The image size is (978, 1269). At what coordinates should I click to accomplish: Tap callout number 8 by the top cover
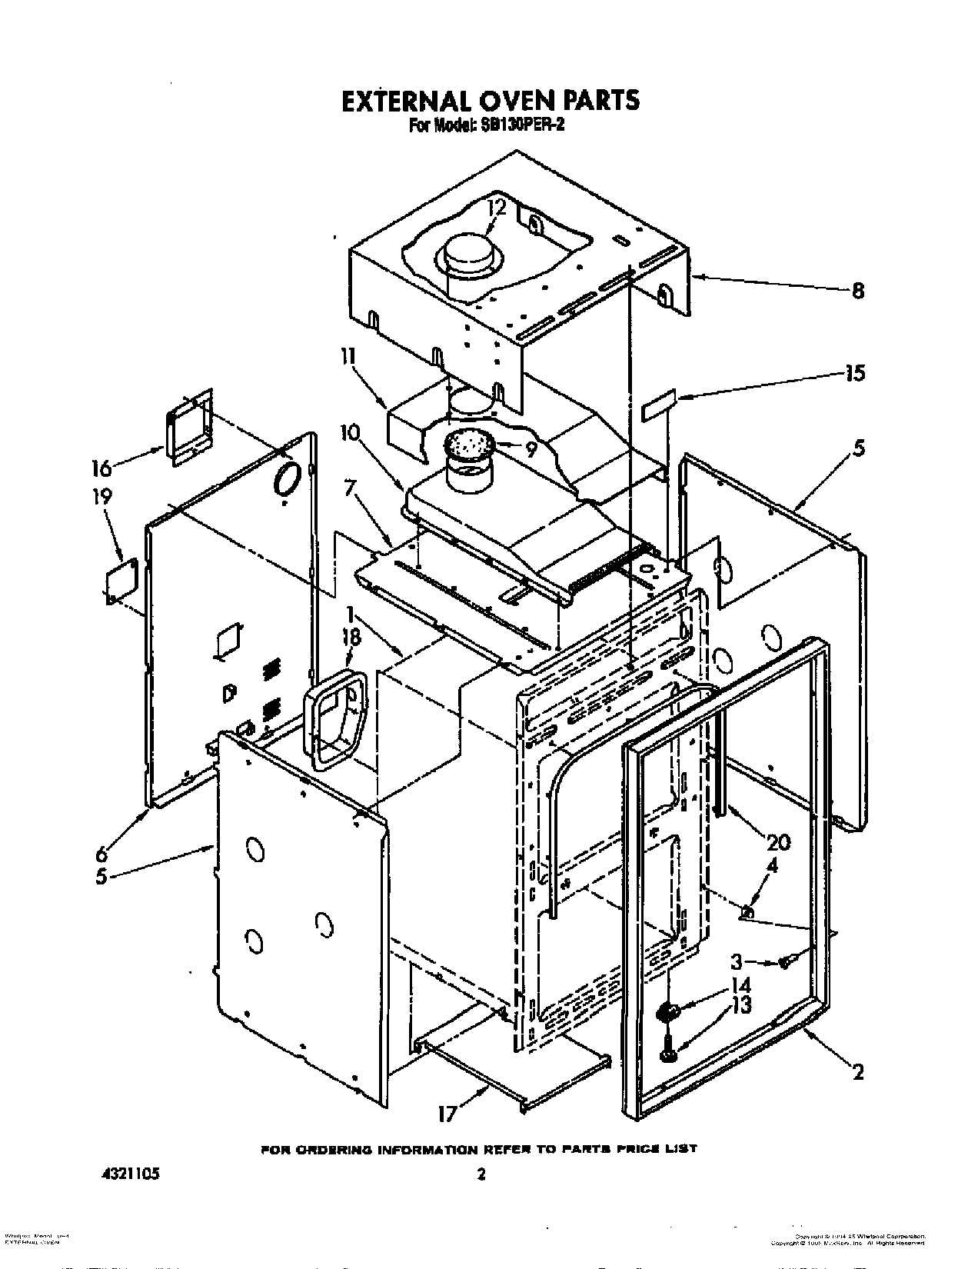(857, 291)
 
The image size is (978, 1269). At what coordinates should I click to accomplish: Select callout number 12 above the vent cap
(497, 207)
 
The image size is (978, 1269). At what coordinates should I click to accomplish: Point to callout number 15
(853, 373)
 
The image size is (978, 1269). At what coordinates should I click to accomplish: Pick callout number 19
(102, 497)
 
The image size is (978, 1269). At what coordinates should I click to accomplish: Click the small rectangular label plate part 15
(659, 405)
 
